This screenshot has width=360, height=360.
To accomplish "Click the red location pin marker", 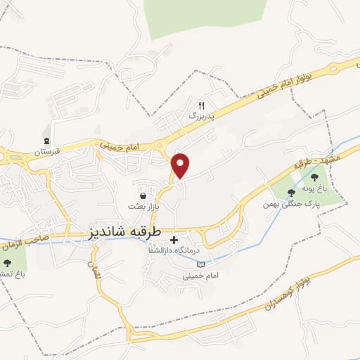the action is [x=181, y=165].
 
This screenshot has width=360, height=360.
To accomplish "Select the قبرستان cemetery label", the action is [x=49, y=150].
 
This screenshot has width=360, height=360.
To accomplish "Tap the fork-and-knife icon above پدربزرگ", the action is [x=200, y=103].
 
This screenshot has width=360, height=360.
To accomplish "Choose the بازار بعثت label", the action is [x=143, y=207].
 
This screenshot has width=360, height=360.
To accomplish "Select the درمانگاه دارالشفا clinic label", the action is [x=174, y=250].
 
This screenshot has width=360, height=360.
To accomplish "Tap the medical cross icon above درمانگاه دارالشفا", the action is [x=174, y=240].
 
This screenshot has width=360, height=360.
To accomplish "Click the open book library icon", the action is [x=202, y=264].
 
